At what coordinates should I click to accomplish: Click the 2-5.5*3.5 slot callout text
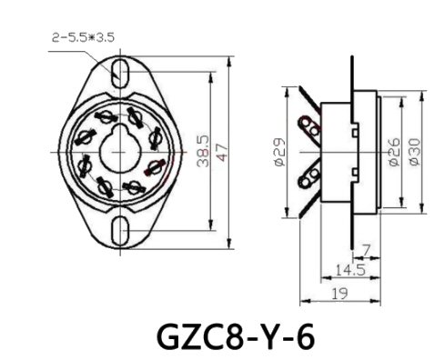click(x=83, y=38)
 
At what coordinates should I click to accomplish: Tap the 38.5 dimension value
click(x=203, y=151)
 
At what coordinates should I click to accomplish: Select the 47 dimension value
click(x=222, y=153)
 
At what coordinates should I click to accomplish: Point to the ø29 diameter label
click(x=279, y=152)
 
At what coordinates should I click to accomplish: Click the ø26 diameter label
click(x=394, y=152)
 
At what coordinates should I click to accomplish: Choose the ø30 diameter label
click(x=415, y=152)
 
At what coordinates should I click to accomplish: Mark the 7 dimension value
click(x=367, y=250)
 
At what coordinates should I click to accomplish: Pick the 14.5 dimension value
click(x=350, y=270)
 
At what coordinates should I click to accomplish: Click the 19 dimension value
click(x=339, y=294)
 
